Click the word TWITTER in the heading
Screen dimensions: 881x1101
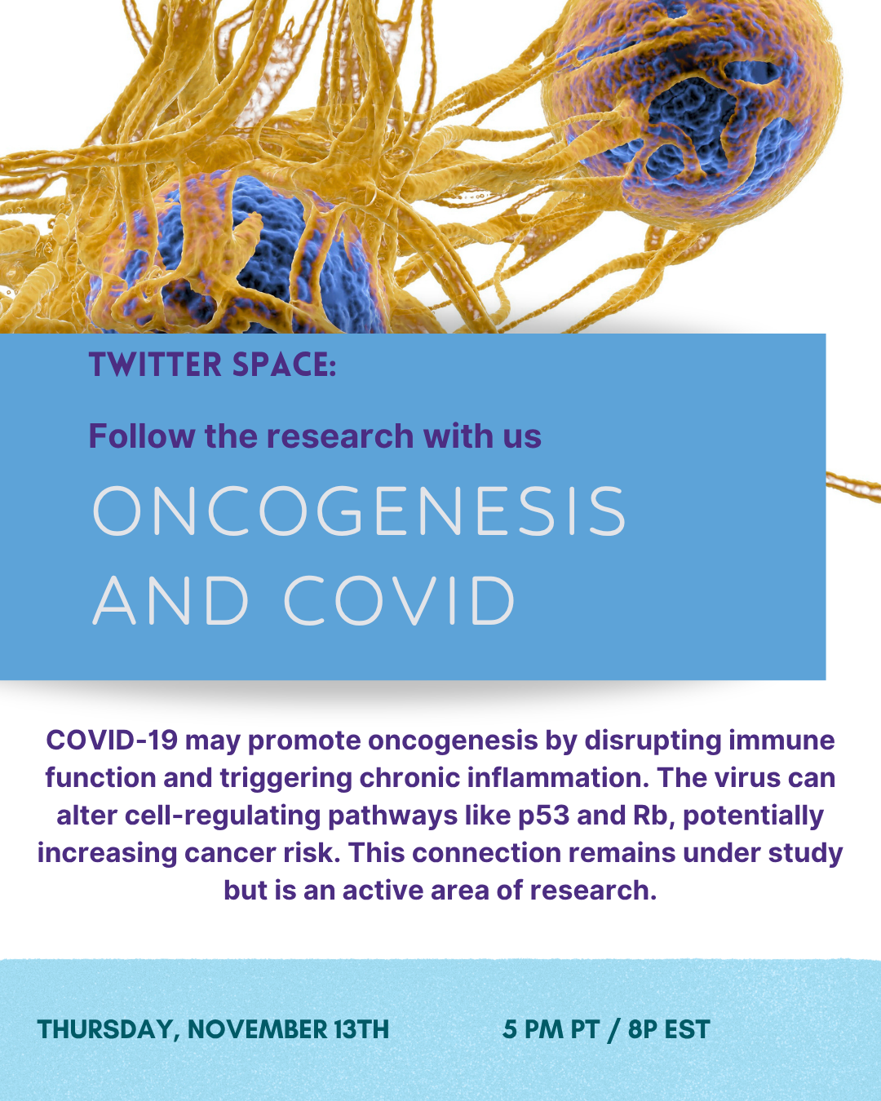[155, 365]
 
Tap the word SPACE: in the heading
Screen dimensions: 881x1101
[284, 365]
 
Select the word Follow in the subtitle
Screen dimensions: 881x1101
[142, 436]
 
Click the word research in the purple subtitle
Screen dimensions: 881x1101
[340, 436]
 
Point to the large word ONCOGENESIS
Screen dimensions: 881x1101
[359, 511]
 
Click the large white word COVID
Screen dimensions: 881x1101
[399, 600]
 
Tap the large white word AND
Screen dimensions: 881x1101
[170, 600]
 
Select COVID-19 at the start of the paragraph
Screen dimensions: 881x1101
[112, 741]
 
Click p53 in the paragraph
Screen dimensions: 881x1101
[543, 817]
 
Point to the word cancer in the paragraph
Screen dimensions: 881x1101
[230, 853]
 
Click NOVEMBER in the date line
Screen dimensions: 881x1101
[258, 1029]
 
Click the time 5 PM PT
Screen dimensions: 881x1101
[551, 1029]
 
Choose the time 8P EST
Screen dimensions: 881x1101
[669, 1029]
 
